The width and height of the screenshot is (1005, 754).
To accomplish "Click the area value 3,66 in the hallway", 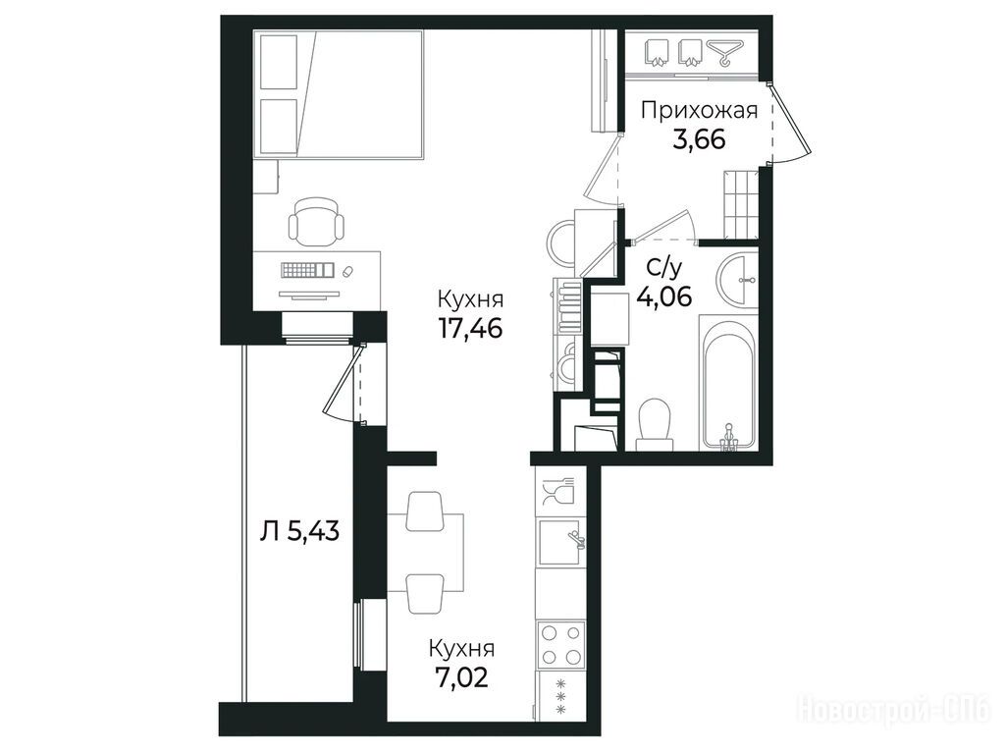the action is (699, 139).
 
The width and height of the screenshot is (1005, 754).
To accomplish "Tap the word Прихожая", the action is (699, 110).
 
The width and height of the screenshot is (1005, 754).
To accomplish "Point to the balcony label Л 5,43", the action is (299, 531).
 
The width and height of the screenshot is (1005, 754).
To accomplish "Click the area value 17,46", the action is (470, 328).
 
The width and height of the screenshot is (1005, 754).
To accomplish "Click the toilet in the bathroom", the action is (655, 424).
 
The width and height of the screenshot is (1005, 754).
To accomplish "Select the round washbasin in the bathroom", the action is (738, 280).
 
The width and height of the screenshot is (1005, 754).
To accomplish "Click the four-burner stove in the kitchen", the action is (561, 644).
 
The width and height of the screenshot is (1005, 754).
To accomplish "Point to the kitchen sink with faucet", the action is (562, 542).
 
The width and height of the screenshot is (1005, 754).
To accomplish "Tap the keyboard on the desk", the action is (307, 270).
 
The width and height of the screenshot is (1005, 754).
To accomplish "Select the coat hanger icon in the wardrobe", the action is (725, 53).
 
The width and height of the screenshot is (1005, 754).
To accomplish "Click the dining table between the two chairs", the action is (425, 553).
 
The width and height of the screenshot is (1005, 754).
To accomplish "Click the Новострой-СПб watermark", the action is (893, 710).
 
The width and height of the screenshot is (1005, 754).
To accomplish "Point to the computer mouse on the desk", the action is (348, 271).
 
